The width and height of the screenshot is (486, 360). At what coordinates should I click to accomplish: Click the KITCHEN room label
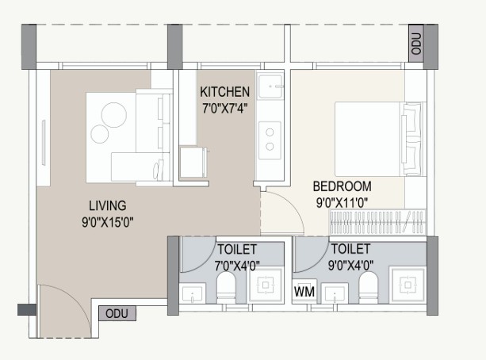pos(224,92)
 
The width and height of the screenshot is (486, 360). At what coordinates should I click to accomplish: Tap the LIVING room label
pos(108,206)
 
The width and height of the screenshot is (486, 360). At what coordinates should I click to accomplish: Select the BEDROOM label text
pos(342,186)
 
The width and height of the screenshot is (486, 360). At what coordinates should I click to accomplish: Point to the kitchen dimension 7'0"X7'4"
pos(224,109)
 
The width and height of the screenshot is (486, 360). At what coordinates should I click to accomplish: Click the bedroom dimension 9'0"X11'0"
pos(342,203)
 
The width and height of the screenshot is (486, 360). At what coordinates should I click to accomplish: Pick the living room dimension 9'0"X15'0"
pos(108,222)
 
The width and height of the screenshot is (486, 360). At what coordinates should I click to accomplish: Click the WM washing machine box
pos(304,292)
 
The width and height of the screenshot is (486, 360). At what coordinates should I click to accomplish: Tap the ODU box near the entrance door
pos(117,313)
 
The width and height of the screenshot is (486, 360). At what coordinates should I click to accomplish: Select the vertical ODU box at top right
pos(416,44)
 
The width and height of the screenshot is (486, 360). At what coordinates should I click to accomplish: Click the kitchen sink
pos(270,86)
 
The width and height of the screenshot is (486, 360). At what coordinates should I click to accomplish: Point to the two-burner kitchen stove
pos(270,140)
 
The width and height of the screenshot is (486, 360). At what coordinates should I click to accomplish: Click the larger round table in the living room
pos(114,115)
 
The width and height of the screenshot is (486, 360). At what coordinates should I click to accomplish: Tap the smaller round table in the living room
pos(99,134)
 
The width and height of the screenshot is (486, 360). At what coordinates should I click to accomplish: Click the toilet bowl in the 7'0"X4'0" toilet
pos(226,287)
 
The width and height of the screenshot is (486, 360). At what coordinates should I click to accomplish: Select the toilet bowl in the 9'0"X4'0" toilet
pos(369,287)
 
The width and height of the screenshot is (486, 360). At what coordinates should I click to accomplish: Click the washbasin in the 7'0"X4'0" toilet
pos(193,293)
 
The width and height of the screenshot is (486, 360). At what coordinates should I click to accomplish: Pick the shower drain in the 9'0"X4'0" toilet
pos(408,285)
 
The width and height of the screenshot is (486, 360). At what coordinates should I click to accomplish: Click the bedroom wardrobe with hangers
pos(377,222)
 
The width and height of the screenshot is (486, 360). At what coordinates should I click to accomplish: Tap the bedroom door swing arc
pos(292,207)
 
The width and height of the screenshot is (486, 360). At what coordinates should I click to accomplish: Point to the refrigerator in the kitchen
pos(193,163)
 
